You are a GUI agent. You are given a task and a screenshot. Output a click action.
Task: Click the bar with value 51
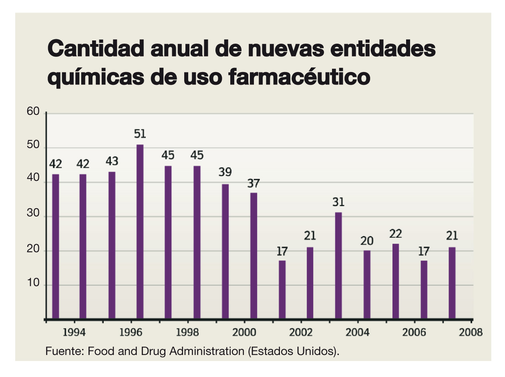[x=140, y=232]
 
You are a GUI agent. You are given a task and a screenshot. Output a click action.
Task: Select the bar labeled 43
[x=112, y=245]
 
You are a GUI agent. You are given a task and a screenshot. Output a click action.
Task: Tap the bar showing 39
[x=225, y=251]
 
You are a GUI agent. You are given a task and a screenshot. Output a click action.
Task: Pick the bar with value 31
[x=338, y=266]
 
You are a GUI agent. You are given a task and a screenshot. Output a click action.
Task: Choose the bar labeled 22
[x=395, y=281]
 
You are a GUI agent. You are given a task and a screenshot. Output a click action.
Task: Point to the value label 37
[x=254, y=184]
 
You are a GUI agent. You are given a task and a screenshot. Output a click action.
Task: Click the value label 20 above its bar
[x=367, y=241]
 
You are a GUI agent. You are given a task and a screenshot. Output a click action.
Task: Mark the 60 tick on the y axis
[x=33, y=112]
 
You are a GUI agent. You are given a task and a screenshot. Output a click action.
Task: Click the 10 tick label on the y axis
[x=33, y=284]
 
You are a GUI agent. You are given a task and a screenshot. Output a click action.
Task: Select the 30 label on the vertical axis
[x=33, y=215]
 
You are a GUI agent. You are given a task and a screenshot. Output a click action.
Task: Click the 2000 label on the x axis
[x=244, y=333]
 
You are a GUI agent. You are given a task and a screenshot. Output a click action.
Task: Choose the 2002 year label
[x=301, y=333]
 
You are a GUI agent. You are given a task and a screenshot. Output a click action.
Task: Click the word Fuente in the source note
[x=64, y=351]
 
